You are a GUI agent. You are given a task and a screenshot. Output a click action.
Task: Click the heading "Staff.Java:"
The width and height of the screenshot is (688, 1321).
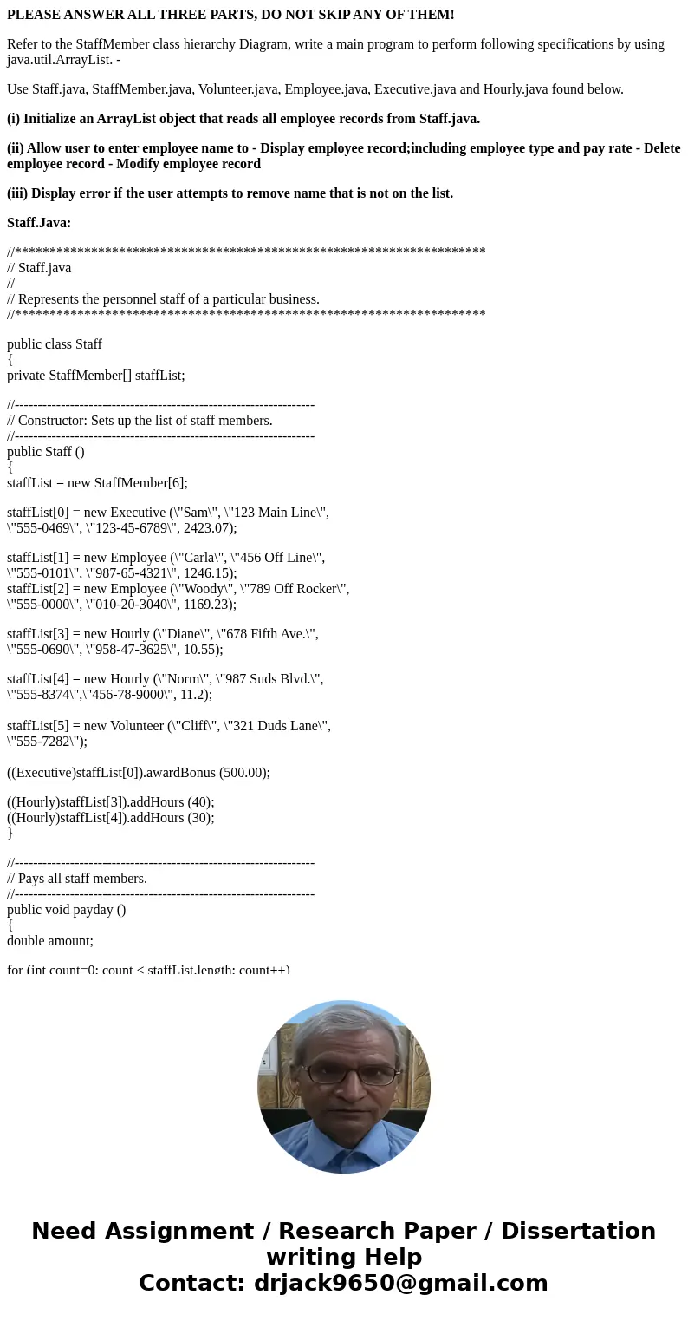coord(39,223)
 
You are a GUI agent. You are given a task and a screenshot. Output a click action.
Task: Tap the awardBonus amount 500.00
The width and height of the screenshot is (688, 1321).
coord(245,773)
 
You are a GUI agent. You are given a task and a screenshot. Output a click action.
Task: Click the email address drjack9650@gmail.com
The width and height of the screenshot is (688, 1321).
coord(401,1283)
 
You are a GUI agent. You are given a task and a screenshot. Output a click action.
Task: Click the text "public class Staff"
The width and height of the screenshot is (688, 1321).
coord(55,344)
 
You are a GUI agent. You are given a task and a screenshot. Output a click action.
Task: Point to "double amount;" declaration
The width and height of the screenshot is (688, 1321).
coord(50,941)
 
